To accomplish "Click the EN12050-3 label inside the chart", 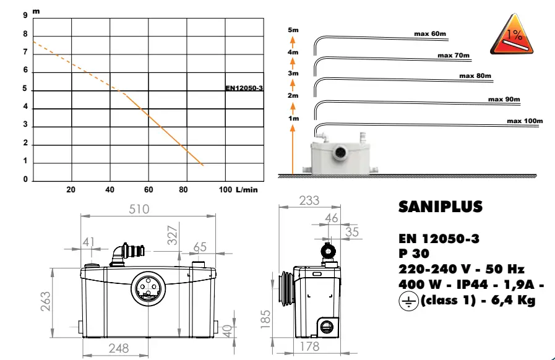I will coord(244,88).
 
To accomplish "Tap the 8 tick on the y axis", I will coord(25,34).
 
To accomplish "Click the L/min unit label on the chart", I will coord(246,189).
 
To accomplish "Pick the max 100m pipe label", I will coord(524,121).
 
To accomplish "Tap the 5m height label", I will coord(293,30).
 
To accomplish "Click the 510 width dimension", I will coord(139,209).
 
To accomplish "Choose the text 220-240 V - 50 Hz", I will coord(462,269).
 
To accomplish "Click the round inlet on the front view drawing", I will coord(148,288).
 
